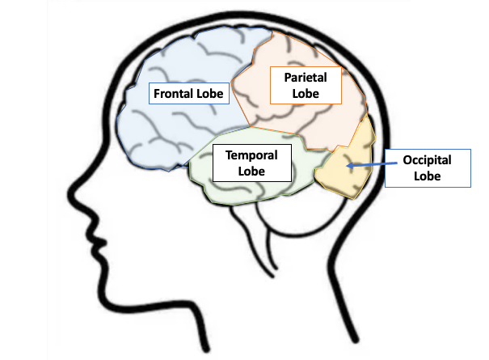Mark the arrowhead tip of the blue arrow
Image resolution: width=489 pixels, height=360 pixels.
345,167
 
